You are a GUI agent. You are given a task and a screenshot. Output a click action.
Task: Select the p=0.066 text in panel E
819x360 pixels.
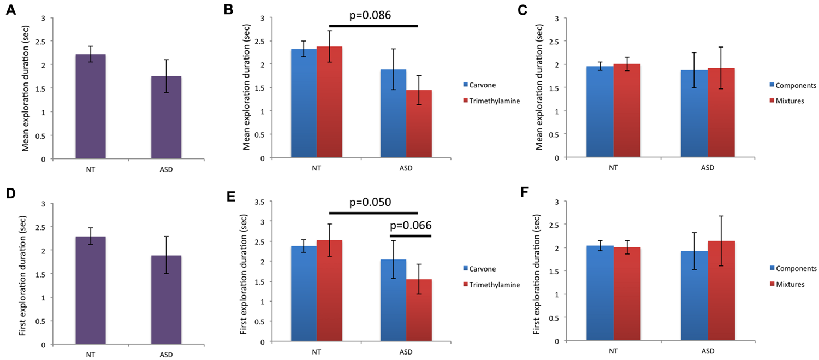tap(411, 225)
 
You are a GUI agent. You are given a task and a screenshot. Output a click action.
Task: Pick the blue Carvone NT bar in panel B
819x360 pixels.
tap(304, 103)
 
